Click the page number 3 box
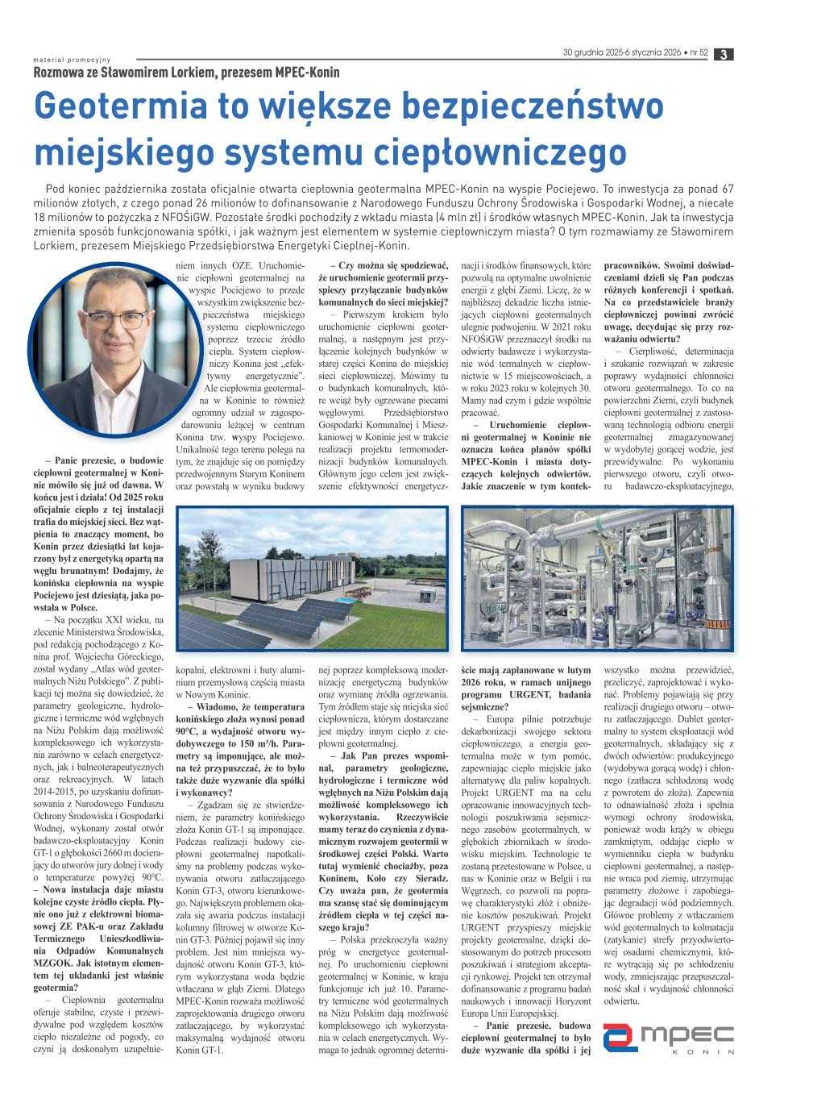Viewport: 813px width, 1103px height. pos(724,54)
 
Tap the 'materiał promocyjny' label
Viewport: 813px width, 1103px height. pos(72,59)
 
